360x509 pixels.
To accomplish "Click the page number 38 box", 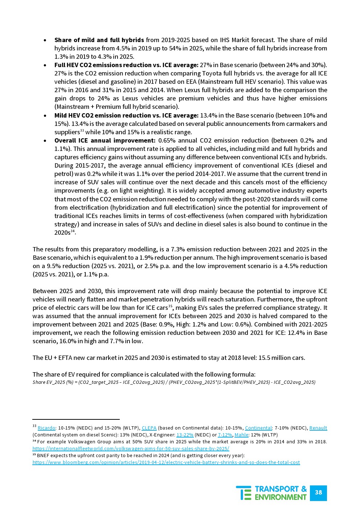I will point(318,492).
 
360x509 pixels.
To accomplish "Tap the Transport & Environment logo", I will point(271,493).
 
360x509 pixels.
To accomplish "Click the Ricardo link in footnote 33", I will point(46,428).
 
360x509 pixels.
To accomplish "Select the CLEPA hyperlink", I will point(149,428).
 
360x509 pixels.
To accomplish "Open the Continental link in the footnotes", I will point(258,428).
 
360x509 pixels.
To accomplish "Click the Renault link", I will point(318,428).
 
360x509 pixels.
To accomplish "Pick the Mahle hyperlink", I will point(241,435).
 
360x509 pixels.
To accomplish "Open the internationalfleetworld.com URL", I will point(131,449).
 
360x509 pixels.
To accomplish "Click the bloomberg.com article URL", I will point(166,463).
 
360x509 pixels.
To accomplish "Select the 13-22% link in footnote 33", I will point(185,435).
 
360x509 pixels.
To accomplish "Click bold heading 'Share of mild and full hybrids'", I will point(99,40).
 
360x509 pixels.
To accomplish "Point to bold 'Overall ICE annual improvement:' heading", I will point(105,140).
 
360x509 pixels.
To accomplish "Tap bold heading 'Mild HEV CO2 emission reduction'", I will point(126,115).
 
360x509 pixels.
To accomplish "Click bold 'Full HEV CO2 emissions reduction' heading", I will point(126,65).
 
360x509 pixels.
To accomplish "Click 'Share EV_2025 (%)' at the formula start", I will point(53,382).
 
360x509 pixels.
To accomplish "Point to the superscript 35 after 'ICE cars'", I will point(170,306).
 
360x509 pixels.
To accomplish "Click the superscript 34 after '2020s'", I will point(73,231).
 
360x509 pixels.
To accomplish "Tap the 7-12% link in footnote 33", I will point(225,435).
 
